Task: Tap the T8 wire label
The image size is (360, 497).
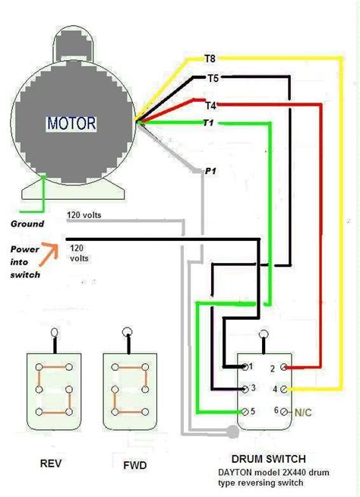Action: [x=210, y=57]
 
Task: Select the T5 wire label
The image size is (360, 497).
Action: [x=214, y=78]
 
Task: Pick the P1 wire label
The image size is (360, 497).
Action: [x=210, y=172]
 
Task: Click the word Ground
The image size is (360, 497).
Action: [x=27, y=224]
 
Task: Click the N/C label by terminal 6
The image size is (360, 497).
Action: [x=302, y=411]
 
